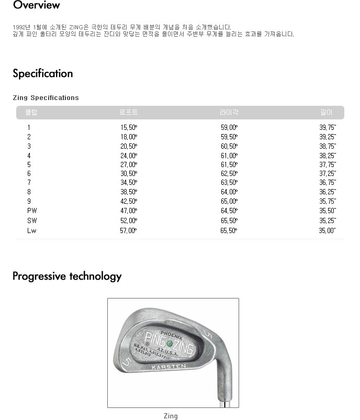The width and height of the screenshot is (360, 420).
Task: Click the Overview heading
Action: pyautogui.click(x=36, y=5)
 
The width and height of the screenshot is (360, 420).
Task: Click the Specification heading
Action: pyautogui.click(x=43, y=73)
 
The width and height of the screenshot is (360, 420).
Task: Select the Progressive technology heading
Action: pyautogui.click(x=67, y=276)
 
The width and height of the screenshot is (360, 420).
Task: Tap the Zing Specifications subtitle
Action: pyautogui.click(x=46, y=98)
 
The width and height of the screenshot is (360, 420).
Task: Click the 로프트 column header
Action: pyautogui.click(x=128, y=113)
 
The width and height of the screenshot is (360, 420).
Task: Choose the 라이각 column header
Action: pyautogui.click(x=229, y=113)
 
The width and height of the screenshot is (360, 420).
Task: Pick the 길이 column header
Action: pyautogui.click(x=327, y=113)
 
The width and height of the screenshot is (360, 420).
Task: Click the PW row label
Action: pyautogui.click(x=32, y=211)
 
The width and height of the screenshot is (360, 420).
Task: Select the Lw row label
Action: pyautogui.click(x=32, y=230)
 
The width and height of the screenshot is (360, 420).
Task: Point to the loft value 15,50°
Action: pyautogui.click(x=128, y=127)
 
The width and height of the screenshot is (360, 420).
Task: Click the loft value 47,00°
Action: pyautogui.click(x=128, y=211)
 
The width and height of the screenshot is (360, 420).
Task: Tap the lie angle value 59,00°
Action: pyautogui.click(x=229, y=127)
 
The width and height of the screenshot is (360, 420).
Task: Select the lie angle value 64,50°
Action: pyautogui.click(x=229, y=211)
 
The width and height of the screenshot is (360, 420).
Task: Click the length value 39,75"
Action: pyautogui.click(x=328, y=127)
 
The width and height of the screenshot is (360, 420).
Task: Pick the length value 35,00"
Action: pyautogui.click(x=328, y=230)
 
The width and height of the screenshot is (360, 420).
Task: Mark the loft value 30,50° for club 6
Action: pyautogui.click(x=128, y=173)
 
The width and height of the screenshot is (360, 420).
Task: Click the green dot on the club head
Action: pyautogui.click(x=170, y=344)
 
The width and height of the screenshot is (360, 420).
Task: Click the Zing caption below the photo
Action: pyautogui.click(x=171, y=416)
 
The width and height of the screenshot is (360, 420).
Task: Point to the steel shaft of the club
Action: pyautogui.click(x=223, y=395)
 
